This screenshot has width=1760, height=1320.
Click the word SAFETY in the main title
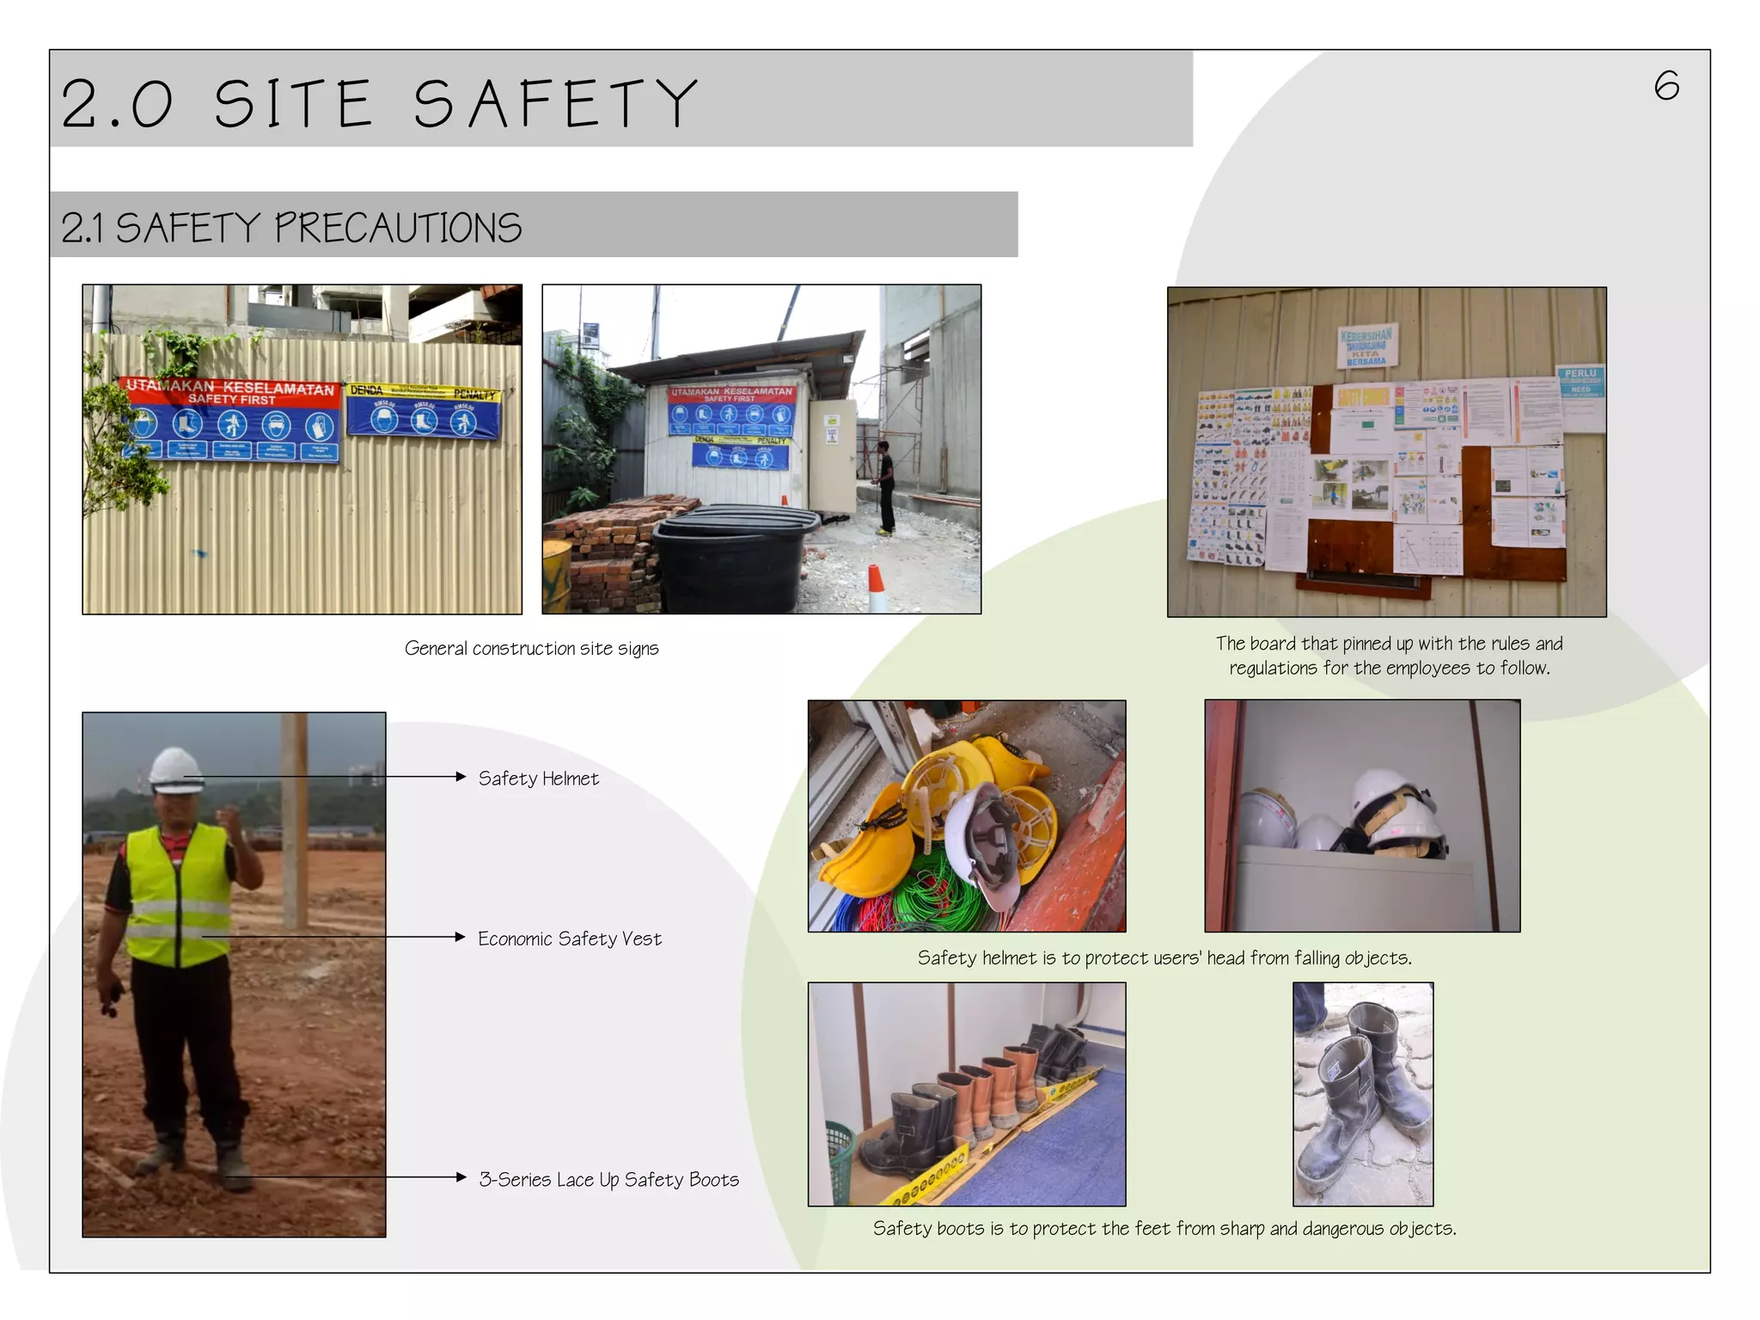[x=555, y=104]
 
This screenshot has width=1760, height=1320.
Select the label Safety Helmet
[x=538, y=779]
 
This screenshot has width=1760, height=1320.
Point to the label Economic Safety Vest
[x=569, y=938]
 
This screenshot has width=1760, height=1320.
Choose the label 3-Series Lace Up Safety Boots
[x=608, y=1179]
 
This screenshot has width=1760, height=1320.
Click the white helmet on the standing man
[x=175, y=769]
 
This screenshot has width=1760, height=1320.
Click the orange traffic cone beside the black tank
[x=876, y=589]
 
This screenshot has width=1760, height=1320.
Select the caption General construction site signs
[x=531, y=648]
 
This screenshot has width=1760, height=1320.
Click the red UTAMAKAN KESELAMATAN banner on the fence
[x=229, y=391]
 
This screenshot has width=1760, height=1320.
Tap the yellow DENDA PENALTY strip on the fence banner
[x=423, y=392]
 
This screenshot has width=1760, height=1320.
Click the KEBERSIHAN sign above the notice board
[x=1366, y=345]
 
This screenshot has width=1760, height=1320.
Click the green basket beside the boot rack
[x=838, y=1152]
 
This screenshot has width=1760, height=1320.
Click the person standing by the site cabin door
[x=884, y=486]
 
